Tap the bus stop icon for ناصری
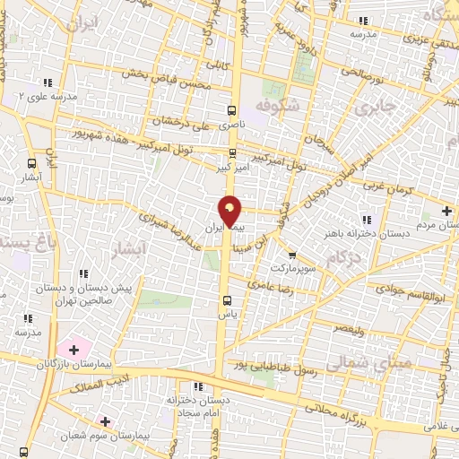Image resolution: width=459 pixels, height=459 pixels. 232,111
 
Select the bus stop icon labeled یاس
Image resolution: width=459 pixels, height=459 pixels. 226,300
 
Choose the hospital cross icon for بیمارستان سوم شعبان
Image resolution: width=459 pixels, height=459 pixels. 106,420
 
